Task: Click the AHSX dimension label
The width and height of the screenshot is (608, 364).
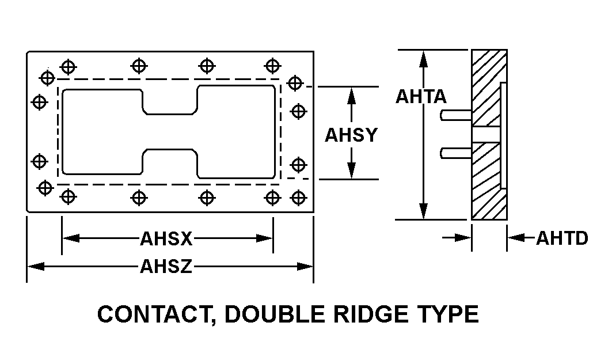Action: (166, 238)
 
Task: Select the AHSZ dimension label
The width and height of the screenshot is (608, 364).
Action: (166, 267)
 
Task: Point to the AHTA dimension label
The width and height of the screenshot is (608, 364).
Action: (421, 97)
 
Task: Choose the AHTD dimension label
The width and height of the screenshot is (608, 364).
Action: (562, 238)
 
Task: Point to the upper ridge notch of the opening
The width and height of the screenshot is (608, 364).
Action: (170, 100)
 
